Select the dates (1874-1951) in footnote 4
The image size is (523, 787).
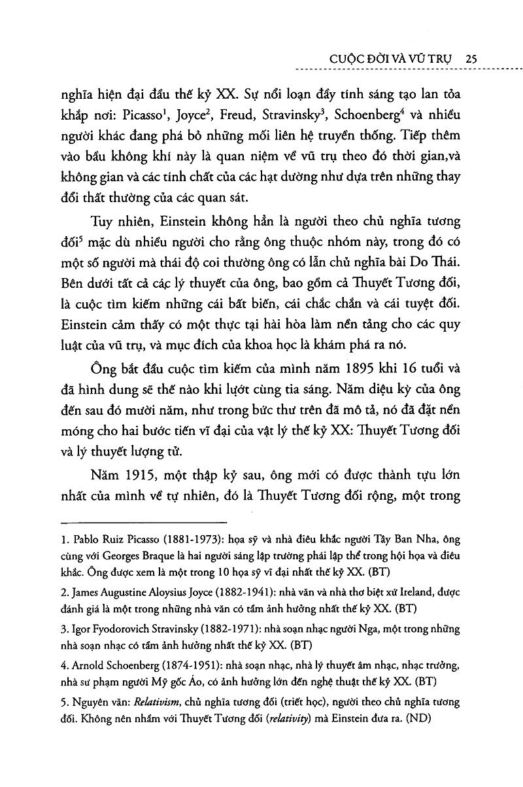(x=185, y=665)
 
